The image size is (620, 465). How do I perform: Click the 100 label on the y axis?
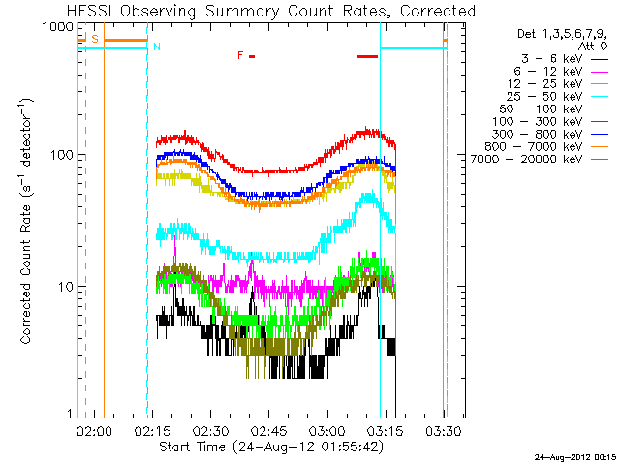pyautogui.click(x=62, y=156)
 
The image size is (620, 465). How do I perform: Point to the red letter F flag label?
pyautogui.click(x=240, y=55)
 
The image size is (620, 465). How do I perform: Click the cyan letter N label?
pyautogui.click(x=157, y=46)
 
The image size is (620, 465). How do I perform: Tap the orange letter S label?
pyautogui.click(x=95, y=39)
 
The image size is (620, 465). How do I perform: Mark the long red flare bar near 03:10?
pyautogui.click(x=367, y=56)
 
